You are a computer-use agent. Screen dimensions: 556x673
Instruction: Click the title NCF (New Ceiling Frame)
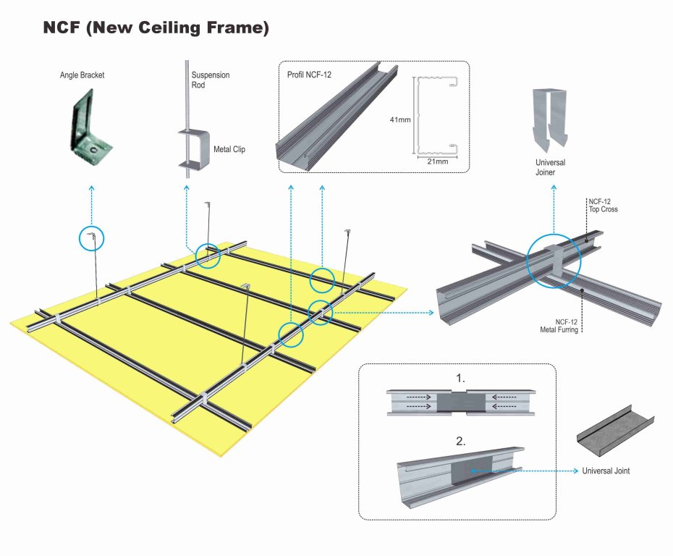point(156,28)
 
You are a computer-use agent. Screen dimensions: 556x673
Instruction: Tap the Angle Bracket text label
point(82,75)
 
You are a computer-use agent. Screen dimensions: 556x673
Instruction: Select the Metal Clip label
point(229,150)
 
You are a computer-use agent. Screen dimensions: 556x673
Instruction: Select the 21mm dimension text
point(437,161)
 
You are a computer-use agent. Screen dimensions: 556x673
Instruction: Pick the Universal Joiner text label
point(550,168)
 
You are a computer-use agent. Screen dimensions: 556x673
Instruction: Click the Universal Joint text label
point(606,471)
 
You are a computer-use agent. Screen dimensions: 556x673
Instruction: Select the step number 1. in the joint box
point(460,379)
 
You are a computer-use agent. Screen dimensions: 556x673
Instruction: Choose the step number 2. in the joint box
point(460,439)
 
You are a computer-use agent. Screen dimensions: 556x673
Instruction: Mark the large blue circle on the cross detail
point(554,260)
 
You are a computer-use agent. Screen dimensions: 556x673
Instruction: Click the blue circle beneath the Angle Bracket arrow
point(91,238)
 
